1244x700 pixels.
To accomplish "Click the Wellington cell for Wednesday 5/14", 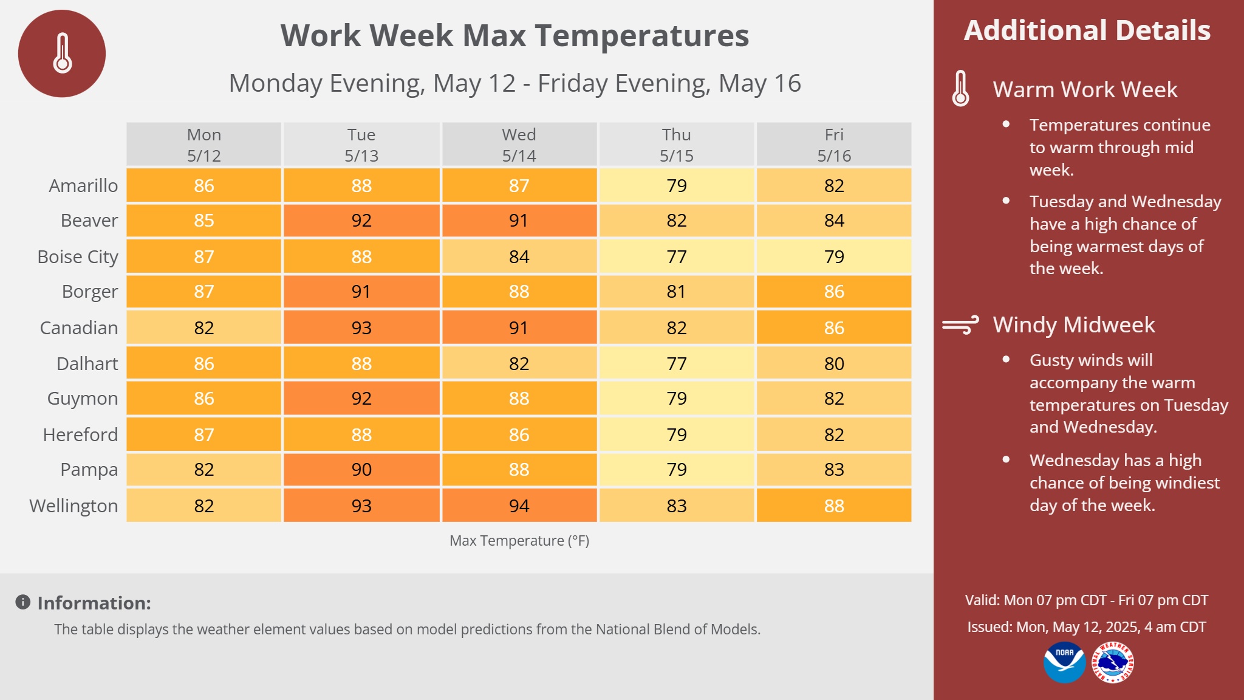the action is [x=519, y=506].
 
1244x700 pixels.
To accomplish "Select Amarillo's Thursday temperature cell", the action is [x=677, y=185].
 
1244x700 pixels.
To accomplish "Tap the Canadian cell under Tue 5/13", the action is [x=361, y=328].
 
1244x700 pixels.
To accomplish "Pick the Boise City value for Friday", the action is [x=834, y=256].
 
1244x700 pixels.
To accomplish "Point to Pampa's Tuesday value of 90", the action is [x=361, y=469].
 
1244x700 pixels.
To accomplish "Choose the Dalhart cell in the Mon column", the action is [x=204, y=363].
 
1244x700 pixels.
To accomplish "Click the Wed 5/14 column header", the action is [x=519, y=145].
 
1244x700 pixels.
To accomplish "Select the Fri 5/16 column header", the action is [x=834, y=145].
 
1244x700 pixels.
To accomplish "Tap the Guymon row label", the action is [x=83, y=399].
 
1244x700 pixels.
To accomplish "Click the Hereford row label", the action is [x=80, y=434].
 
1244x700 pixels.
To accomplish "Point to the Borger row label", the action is [x=90, y=292].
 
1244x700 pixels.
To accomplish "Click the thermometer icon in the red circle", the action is [x=63, y=53].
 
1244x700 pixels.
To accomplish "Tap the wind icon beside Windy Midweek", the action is [x=960, y=325].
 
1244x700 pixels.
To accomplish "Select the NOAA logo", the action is [x=1064, y=662].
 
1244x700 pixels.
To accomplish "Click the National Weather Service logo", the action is [x=1113, y=662].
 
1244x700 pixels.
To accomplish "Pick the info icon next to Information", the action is [x=23, y=602].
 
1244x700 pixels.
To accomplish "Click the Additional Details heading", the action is [x=1087, y=30].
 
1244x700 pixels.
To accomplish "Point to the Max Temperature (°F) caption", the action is [x=519, y=541].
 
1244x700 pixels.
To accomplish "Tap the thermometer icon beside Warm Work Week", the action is [x=960, y=89].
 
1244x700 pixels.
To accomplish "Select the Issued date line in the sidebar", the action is [x=1087, y=627].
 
